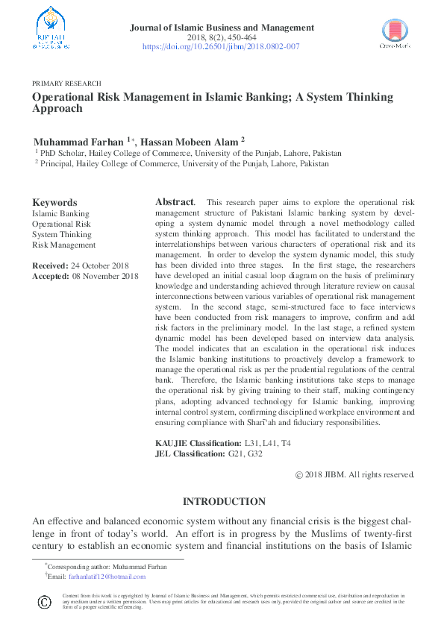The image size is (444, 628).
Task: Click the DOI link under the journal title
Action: click(221, 46)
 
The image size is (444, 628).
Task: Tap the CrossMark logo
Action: click(395, 34)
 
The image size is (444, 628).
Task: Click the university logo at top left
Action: click(51, 28)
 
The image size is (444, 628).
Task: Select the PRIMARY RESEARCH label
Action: click(66, 84)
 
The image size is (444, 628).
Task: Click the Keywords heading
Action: click(54, 202)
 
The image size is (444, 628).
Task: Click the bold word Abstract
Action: click(174, 202)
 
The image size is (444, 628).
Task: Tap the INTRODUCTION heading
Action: click(224, 502)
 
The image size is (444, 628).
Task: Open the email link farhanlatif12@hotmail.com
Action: click(107, 577)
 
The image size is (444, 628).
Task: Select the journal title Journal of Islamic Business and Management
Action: click(222, 28)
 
